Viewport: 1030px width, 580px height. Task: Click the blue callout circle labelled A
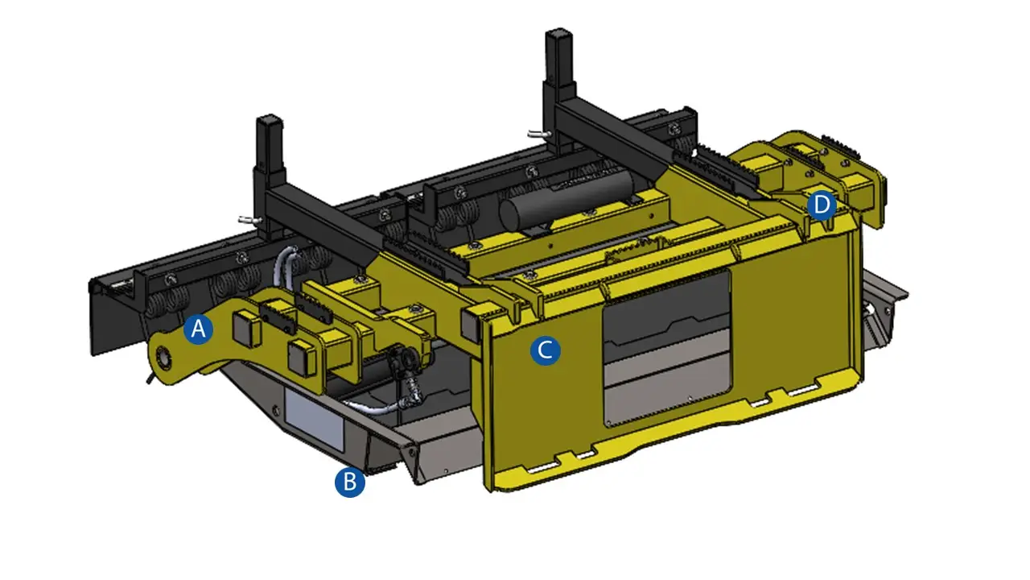pos(198,329)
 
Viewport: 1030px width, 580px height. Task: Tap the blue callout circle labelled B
pos(350,482)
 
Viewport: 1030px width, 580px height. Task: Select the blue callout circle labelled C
pos(546,350)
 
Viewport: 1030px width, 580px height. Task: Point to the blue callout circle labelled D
pos(822,205)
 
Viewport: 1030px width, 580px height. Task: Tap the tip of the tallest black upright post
pos(558,31)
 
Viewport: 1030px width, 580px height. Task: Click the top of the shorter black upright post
pos(270,118)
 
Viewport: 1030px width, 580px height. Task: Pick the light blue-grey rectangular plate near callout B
pos(315,420)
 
